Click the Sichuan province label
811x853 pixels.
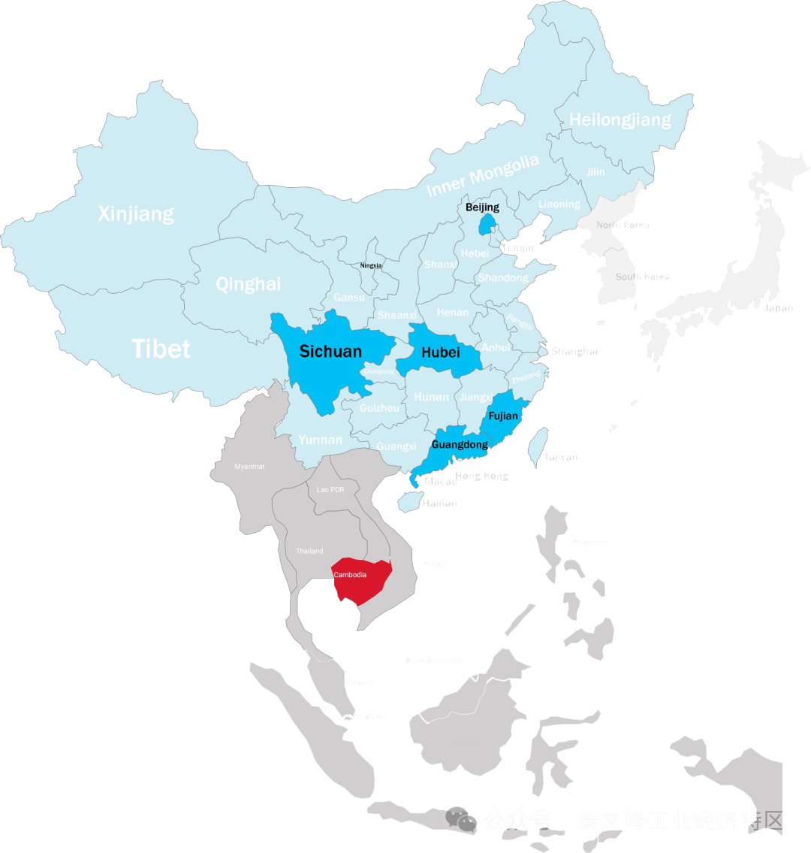pos(330,351)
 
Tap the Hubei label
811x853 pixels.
pos(440,352)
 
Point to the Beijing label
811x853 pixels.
pos(482,207)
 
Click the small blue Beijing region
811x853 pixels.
pos(487,224)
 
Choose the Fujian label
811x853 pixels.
pos(503,416)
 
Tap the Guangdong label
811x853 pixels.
pos(460,445)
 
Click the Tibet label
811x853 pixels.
pos(161,349)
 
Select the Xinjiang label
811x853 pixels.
pos(136,214)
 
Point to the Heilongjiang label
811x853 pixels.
pos(620,119)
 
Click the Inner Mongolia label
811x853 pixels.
pos(483,176)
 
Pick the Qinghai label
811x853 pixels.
pos(249,284)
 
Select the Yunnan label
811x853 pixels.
pos(320,440)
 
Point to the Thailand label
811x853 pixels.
pos(309,551)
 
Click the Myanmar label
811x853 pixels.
pos(249,467)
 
